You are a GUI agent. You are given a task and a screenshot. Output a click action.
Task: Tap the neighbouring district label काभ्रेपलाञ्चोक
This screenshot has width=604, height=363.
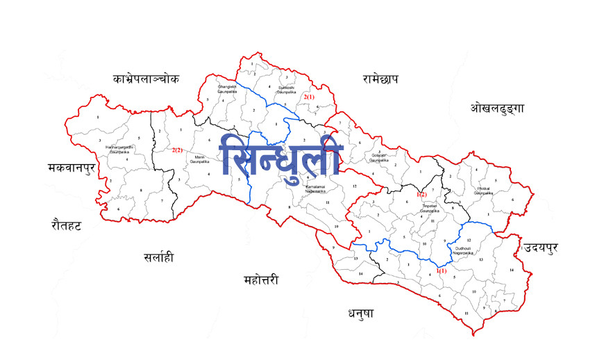[146, 79]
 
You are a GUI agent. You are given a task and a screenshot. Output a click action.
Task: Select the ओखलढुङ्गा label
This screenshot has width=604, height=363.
[497, 108]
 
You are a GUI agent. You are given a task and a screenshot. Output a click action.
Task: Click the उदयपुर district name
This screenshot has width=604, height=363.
[542, 248]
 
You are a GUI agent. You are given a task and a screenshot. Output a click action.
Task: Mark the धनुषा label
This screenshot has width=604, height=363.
[361, 314]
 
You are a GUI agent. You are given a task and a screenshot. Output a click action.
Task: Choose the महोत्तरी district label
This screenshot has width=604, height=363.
[261, 280]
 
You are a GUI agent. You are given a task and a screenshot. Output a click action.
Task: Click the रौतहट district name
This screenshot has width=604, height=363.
[67, 224]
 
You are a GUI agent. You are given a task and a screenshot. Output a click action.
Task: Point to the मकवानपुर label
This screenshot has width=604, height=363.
[71, 168]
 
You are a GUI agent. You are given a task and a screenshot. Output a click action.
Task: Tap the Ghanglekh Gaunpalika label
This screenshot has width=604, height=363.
[227, 88]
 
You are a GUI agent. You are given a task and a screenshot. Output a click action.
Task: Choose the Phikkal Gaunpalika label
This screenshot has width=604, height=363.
[485, 191]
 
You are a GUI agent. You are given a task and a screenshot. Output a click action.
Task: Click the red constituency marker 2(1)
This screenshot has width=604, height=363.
[309, 97]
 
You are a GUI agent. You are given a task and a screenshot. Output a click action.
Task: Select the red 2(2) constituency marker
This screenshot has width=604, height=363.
[177, 150]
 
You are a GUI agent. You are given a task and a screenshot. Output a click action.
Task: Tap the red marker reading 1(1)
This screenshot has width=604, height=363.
[442, 270]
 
